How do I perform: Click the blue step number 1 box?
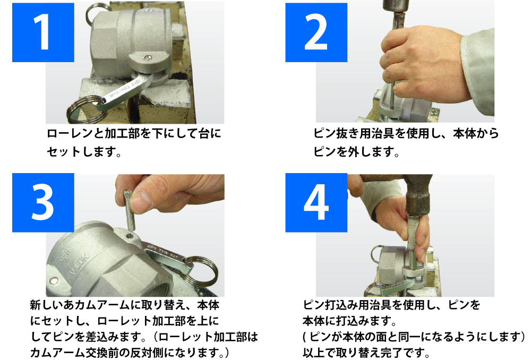click(x=43, y=32)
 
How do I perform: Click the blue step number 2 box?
click(x=316, y=32)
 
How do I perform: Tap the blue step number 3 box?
click(x=43, y=202)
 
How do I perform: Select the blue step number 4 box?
click(x=316, y=202)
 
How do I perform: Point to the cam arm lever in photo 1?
click(x=126, y=91)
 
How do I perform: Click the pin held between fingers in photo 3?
click(x=130, y=210)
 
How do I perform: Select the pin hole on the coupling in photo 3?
click(x=130, y=235)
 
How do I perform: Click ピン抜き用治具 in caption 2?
click(x=354, y=133)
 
